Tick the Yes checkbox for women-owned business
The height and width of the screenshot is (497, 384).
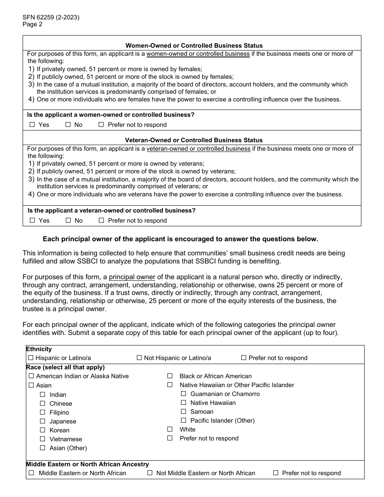(32, 125)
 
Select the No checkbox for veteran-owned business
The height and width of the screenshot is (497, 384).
(68, 221)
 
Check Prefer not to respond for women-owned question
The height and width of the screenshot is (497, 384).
(101, 125)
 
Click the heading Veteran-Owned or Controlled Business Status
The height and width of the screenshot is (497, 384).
(194, 140)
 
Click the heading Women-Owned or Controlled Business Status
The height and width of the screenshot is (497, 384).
(194, 46)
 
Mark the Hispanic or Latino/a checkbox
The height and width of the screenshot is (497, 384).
(31, 358)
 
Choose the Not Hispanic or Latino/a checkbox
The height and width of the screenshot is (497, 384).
(139, 358)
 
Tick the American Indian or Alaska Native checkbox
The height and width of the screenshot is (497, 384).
(31, 376)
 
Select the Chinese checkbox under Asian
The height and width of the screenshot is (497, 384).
(42, 404)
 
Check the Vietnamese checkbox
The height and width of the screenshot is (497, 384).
(42, 439)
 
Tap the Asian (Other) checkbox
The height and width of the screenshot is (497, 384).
(42, 448)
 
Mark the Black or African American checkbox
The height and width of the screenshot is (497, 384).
(170, 376)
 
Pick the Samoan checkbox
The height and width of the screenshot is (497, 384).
(184, 412)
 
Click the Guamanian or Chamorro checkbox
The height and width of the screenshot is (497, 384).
(184, 394)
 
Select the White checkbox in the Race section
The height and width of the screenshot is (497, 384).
(170, 430)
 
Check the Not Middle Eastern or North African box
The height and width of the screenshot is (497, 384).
(150, 473)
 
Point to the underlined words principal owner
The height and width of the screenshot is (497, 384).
(132, 277)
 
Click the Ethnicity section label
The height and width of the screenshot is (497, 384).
(39, 349)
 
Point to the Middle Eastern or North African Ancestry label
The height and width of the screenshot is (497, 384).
(87, 464)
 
